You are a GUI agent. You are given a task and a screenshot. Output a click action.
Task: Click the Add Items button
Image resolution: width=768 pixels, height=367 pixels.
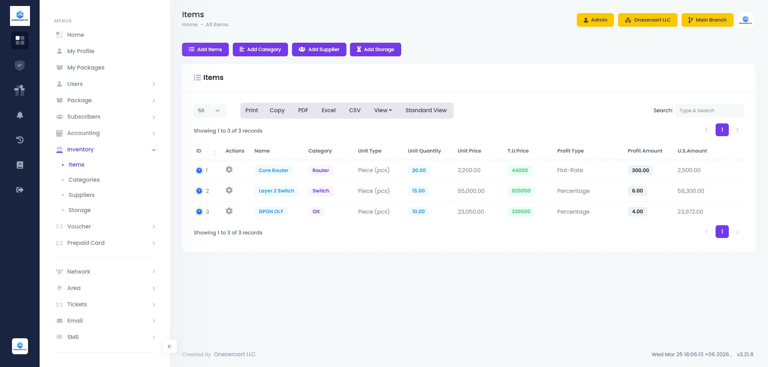[x=205, y=50]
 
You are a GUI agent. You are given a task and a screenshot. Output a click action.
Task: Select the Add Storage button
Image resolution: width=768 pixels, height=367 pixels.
[x=375, y=50]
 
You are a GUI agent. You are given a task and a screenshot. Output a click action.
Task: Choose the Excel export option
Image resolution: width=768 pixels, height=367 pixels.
[x=328, y=111]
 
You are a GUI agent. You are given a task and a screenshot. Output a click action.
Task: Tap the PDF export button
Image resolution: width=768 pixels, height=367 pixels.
[x=303, y=111]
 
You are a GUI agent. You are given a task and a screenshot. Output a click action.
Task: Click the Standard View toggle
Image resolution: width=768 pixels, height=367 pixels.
[x=426, y=111]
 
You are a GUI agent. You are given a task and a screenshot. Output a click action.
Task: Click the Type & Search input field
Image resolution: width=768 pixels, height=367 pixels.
[x=709, y=111]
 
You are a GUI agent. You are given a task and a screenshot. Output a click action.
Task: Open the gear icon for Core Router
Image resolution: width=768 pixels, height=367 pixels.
[x=229, y=170]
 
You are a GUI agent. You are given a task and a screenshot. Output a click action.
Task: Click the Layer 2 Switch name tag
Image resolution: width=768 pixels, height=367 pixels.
[x=276, y=191]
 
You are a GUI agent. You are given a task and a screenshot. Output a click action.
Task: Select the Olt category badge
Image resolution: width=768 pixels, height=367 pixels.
[x=316, y=212]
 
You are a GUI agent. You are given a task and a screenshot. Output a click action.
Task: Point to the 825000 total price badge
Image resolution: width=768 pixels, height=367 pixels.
[x=521, y=191]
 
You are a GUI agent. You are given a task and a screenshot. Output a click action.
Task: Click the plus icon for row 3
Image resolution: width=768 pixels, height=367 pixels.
[x=199, y=212]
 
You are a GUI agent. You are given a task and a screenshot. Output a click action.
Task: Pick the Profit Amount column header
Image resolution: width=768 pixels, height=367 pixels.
[x=645, y=151]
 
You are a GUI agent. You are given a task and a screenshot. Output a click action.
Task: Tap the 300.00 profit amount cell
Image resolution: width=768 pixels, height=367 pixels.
[x=640, y=171]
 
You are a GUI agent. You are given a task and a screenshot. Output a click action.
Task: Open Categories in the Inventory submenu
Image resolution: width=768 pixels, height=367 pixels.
[x=84, y=180]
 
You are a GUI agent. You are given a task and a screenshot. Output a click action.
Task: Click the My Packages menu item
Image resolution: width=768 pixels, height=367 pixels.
[x=86, y=67]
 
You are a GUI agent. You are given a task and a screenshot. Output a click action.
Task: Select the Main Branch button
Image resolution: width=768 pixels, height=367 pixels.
[x=707, y=20]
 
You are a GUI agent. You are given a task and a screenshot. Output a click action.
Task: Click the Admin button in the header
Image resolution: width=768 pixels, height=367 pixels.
[x=595, y=20]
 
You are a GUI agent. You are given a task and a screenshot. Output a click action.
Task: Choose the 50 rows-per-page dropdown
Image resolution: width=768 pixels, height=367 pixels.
[x=210, y=111]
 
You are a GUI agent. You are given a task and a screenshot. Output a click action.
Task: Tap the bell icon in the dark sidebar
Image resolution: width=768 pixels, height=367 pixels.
[x=20, y=115]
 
